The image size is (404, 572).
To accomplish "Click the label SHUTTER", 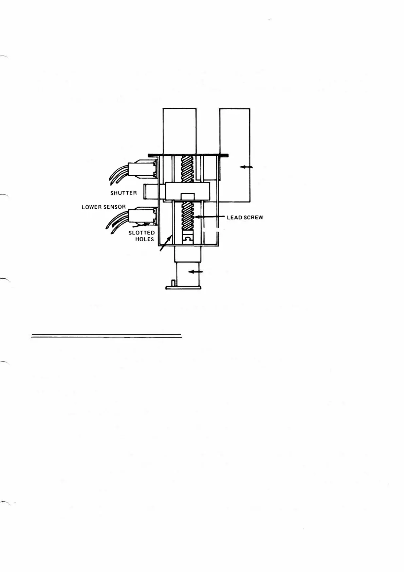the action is [x=124, y=193].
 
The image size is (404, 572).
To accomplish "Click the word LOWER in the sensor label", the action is [x=90, y=207].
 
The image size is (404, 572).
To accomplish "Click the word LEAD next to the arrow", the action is [x=234, y=218].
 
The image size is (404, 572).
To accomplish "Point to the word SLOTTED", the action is [x=142, y=233].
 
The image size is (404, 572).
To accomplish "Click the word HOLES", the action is [x=145, y=239].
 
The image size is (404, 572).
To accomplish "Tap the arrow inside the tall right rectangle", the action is [x=246, y=167].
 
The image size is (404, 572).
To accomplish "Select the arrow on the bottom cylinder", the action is [x=196, y=272].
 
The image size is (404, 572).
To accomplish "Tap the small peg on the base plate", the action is [x=173, y=283].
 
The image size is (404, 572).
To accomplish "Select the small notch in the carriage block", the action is [x=188, y=196].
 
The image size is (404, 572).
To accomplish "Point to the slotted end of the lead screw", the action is [x=188, y=239].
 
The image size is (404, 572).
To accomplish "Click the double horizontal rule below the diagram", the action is [x=107, y=336].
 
